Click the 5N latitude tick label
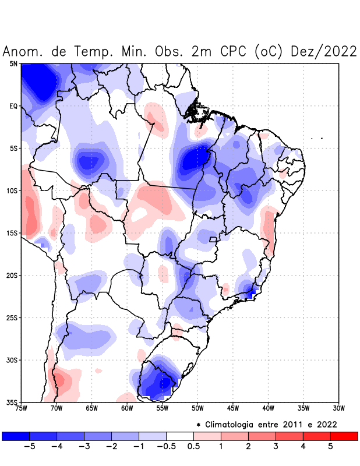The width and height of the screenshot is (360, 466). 13,64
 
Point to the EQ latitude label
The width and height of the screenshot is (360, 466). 13,106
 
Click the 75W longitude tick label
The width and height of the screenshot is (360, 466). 21,408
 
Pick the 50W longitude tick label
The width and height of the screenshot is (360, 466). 197,408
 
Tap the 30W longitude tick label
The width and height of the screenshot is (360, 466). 339,408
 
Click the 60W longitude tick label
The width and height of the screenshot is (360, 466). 127,408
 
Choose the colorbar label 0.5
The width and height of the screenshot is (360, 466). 193,447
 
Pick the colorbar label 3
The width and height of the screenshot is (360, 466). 276,447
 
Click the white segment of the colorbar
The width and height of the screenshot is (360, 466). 179,436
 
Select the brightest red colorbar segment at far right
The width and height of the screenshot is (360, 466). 344,436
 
